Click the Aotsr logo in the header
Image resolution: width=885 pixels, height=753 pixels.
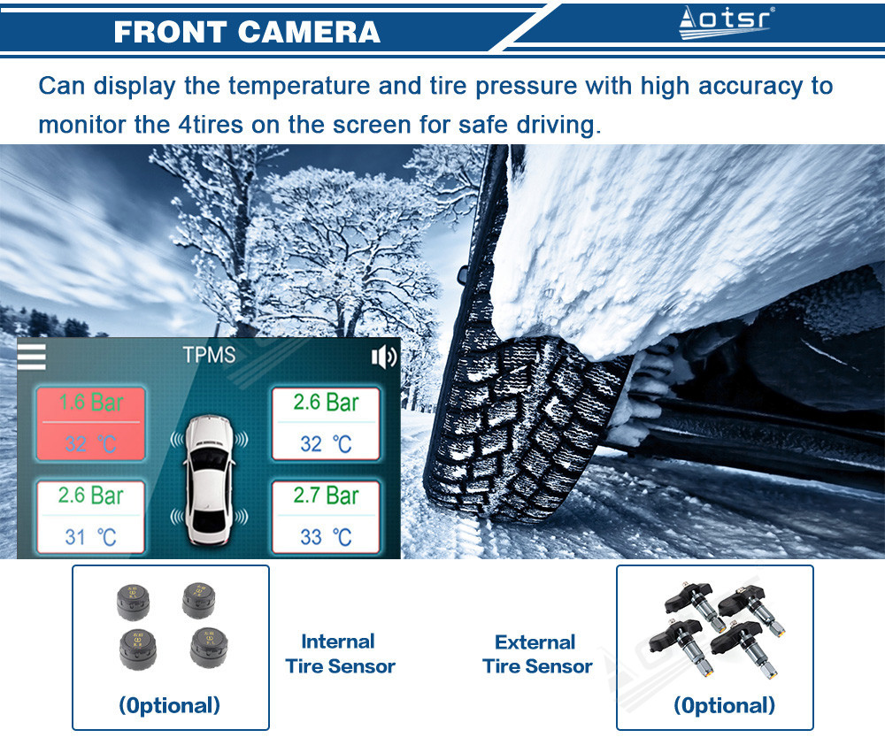[x=726, y=22]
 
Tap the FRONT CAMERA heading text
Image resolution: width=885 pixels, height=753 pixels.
[x=247, y=32]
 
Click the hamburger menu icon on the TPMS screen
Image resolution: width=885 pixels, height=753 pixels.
[x=31, y=357]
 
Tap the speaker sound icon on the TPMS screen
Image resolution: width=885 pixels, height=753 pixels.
[x=384, y=357]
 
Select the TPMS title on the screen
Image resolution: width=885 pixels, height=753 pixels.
[x=209, y=355]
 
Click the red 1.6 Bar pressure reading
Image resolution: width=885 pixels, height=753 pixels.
[x=91, y=403]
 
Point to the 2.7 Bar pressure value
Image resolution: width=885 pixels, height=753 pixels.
[x=326, y=496]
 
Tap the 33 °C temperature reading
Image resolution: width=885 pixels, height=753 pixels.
[x=326, y=537]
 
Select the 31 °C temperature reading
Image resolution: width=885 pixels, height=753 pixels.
[x=90, y=537]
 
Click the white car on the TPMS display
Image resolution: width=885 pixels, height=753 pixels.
[x=209, y=481]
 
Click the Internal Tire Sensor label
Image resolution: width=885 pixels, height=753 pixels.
[x=340, y=654]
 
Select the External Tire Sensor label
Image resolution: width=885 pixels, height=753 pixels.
[x=537, y=654]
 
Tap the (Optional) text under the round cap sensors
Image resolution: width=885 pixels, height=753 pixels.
[x=169, y=705]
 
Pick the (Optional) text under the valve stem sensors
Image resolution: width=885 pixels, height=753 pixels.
[x=724, y=705]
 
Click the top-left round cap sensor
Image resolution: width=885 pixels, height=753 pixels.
[x=134, y=603]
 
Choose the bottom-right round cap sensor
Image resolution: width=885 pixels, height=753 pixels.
[x=209, y=648]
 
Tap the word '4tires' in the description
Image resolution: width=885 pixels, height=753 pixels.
[x=212, y=125]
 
